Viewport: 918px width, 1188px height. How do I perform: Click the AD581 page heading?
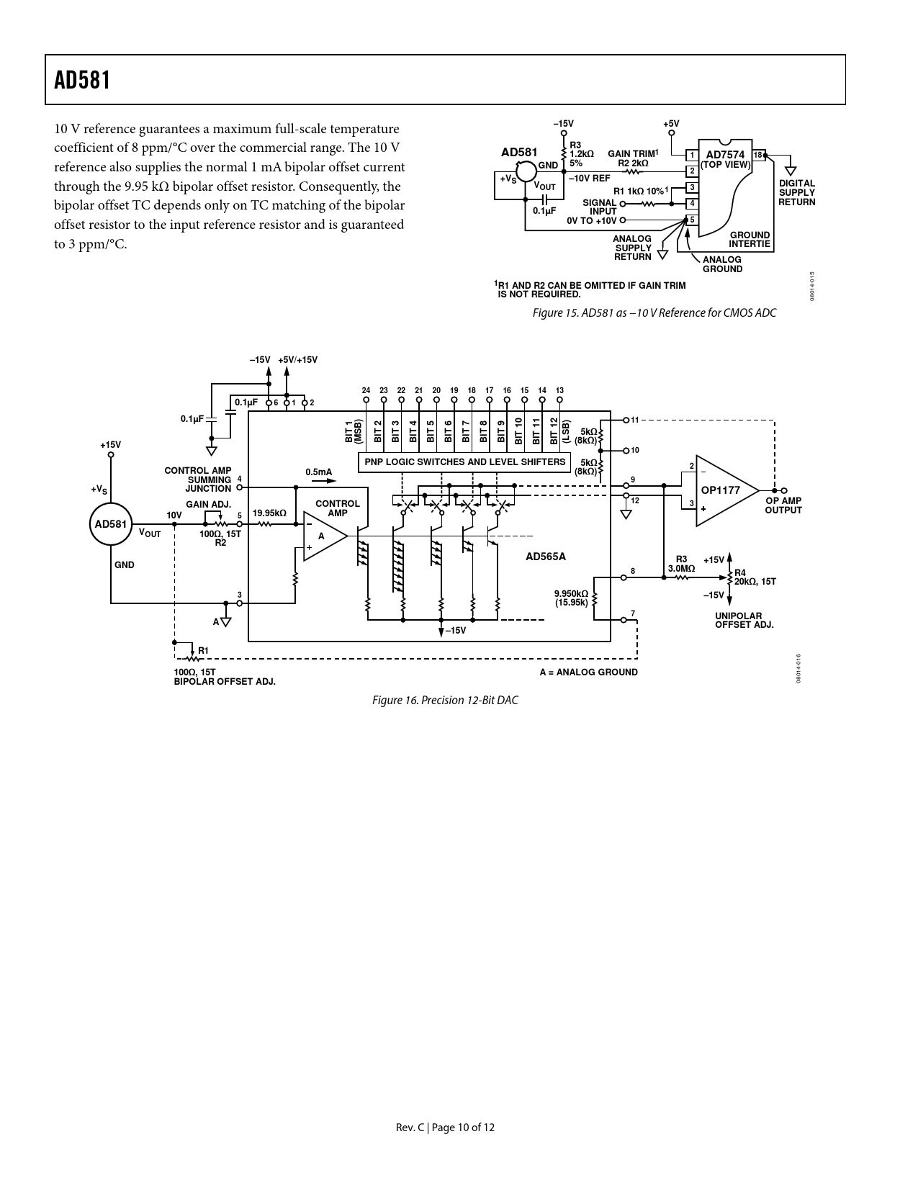coord(83,80)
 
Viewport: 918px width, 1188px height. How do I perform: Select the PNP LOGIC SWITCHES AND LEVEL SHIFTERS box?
coord(465,462)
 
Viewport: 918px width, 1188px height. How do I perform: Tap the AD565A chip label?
coord(545,556)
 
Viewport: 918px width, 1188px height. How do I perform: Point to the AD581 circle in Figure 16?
coord(110,523)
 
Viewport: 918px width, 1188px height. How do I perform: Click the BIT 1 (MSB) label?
coord(353,431)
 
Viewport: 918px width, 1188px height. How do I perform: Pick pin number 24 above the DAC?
coord(366,390)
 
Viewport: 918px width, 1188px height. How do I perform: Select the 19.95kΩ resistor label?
coord(269,513)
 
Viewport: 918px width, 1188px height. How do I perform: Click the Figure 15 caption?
coord(654,312)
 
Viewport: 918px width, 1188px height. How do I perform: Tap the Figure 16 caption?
coord(444,700)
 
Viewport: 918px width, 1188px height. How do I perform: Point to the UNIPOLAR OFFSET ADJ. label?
coord(744,621)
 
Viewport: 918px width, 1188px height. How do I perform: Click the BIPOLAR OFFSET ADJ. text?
coord(225,681)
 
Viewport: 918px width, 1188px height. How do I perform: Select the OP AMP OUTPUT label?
coord(783,505)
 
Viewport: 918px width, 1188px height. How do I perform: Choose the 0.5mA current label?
coord(319,472)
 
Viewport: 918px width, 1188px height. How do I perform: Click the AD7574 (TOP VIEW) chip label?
coord(725,159)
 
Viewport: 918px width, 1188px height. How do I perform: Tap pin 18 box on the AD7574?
coord(758,156)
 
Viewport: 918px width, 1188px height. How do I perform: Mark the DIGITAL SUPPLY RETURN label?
coord(796,192)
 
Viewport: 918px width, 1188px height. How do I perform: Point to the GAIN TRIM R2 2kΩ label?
coord(633,158)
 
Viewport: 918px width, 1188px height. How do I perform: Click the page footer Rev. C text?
coord(445,1127)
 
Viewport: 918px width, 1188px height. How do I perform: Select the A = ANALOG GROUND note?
coord(588,672)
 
